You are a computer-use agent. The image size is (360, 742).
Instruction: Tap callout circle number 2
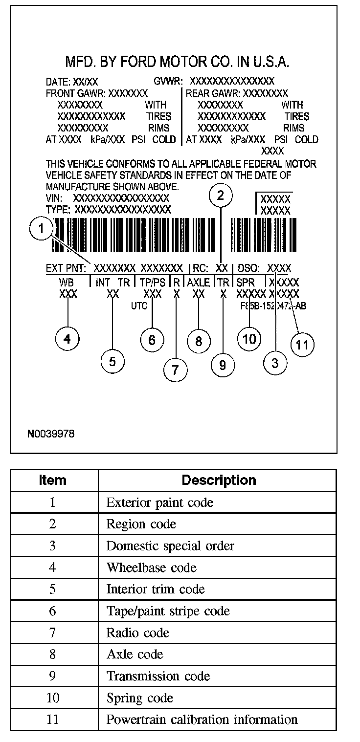click(221, 196)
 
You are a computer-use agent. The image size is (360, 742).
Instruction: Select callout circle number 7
click(175, 371)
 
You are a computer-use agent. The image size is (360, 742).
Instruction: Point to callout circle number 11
click(302, 345)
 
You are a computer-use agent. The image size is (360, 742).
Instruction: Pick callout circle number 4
click(67, 339)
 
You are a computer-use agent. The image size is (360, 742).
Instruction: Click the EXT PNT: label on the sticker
click(66, 268)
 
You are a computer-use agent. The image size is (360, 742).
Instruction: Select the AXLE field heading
click(199, 283)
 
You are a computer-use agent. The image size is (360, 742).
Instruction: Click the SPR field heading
click(246, 283)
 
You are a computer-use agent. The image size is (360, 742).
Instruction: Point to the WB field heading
click(67, 283)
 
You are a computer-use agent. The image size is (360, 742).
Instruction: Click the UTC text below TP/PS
click(140, 306)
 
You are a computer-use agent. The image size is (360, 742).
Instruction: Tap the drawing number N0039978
click(51, 434)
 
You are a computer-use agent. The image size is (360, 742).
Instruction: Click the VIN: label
click(55, 198)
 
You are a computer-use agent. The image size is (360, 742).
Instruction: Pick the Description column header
click(219, 480)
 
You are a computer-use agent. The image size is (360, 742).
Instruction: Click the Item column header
click(52, 480)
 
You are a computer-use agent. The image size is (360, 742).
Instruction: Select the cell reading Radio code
click(138, 633)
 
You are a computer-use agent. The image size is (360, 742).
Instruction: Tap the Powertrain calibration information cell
click(202, 720)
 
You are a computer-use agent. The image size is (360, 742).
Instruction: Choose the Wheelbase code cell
click(151, 567)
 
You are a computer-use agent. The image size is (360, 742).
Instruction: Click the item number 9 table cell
click(52, 676)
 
